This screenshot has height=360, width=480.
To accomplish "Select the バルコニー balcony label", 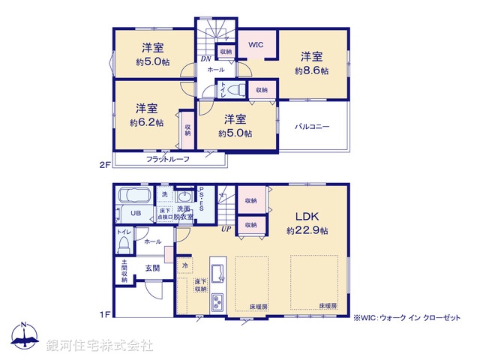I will [x=312, y=127].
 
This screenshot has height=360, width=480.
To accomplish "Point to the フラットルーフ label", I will [x=167, y=159].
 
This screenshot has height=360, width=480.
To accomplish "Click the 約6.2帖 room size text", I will [x=146, y=122].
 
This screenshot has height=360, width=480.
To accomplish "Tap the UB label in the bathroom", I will [x=136, y=214].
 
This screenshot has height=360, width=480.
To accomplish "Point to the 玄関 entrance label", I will [x=152, y=268].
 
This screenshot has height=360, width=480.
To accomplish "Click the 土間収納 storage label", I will [x=124, y=271].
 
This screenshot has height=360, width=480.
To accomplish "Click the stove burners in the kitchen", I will [x=217, y=302].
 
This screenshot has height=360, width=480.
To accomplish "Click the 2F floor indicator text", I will [x=106, y=160].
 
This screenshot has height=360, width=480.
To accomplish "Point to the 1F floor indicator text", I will [x=106, y=313].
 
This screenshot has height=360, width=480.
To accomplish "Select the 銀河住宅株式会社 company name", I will [x=99, y=346].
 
